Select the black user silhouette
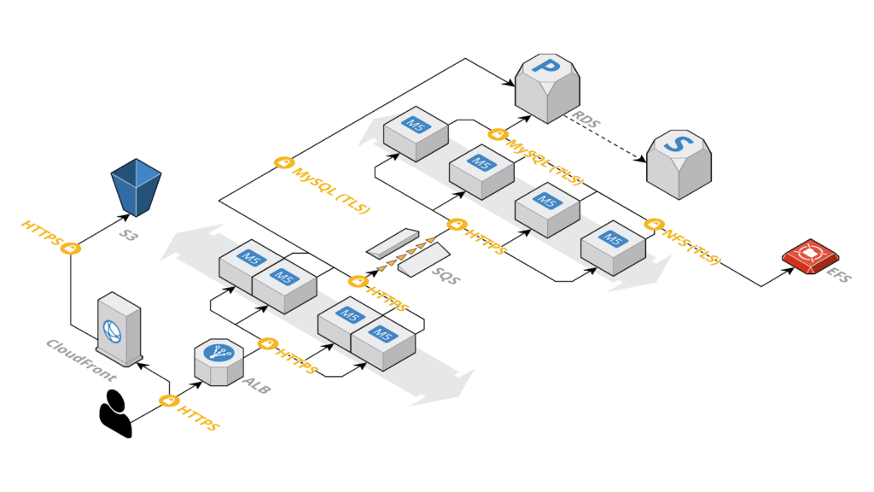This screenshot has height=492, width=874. point(115,413)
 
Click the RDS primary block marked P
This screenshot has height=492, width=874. point(547,86)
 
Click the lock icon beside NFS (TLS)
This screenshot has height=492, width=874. point(655,225)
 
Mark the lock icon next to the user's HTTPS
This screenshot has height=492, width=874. point(169,400)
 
